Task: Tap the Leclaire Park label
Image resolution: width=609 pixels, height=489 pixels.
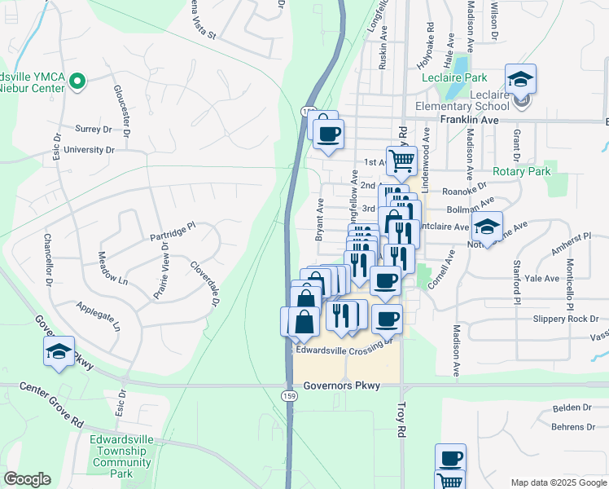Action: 454,78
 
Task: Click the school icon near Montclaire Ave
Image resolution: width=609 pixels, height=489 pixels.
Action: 487,226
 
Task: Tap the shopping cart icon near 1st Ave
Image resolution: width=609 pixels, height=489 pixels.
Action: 401,161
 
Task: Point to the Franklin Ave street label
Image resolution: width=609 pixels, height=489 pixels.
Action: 468,119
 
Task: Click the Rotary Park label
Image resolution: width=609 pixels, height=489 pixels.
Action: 521,172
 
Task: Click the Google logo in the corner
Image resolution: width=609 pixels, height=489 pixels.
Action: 27,479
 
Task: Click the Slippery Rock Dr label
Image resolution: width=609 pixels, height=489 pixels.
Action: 566,319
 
